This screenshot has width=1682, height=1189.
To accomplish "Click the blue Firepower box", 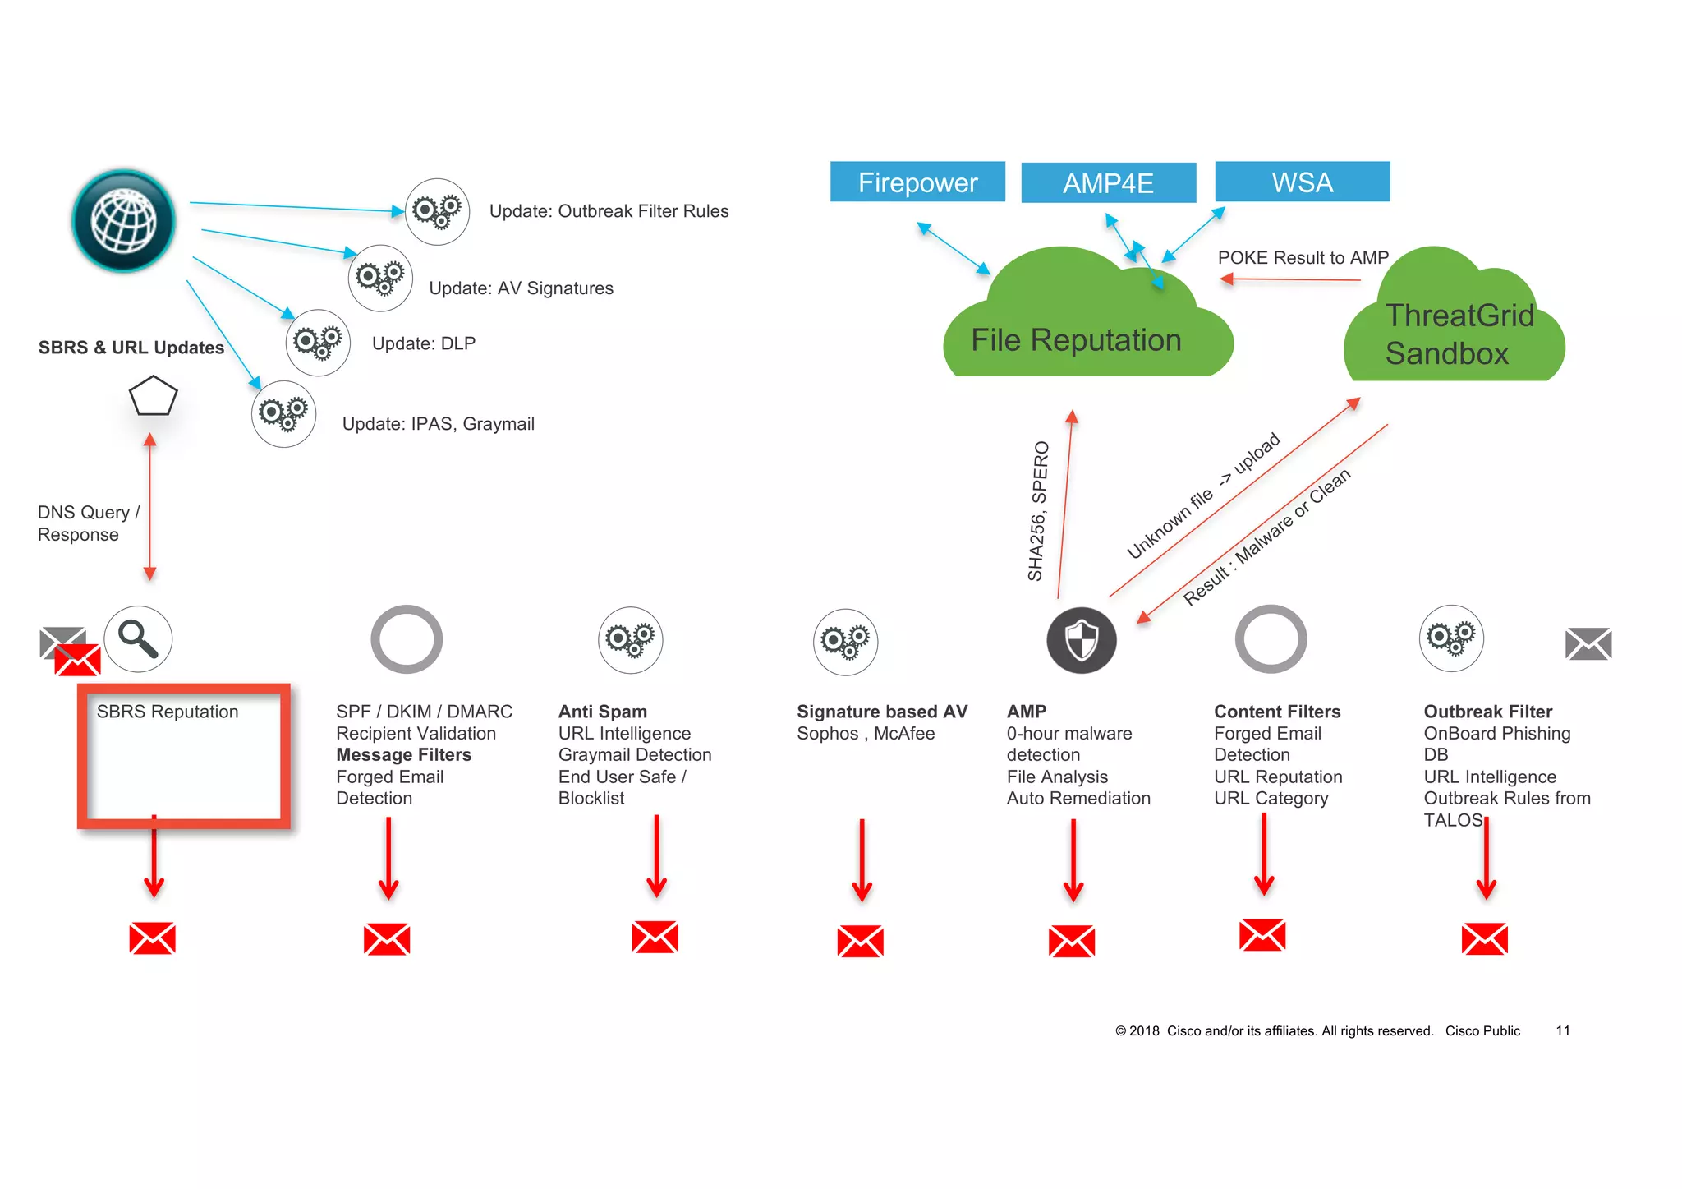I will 917,182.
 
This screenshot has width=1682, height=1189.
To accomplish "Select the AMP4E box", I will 1108,182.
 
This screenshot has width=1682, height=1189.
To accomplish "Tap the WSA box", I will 1302,182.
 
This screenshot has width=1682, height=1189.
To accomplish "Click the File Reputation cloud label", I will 1076,340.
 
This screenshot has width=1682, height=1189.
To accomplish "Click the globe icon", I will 123,221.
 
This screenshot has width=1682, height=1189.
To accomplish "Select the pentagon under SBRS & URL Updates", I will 153,397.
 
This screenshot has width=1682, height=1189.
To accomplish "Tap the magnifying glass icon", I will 138,639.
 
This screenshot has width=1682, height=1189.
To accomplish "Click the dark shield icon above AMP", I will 1081,640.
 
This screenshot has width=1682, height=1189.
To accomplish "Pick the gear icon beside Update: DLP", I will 318,342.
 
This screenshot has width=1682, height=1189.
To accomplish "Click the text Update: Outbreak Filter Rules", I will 609,211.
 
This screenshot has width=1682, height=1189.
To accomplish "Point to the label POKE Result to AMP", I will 1303,258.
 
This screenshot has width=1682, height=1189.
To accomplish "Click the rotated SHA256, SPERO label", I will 1038,511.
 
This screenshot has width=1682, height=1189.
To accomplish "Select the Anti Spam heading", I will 602,712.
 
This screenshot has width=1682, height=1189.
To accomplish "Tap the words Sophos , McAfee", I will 865,734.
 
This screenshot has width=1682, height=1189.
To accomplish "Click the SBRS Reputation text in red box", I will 168,712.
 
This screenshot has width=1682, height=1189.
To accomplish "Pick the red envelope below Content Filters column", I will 1261,935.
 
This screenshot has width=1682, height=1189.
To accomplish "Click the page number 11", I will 1562,1030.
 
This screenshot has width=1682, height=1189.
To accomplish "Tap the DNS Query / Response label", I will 88,523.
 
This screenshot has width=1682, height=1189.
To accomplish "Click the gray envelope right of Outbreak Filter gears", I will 1588,643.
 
